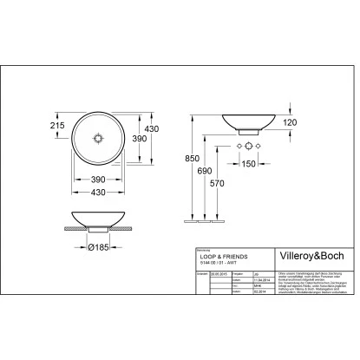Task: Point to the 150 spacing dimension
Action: [250, 163]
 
